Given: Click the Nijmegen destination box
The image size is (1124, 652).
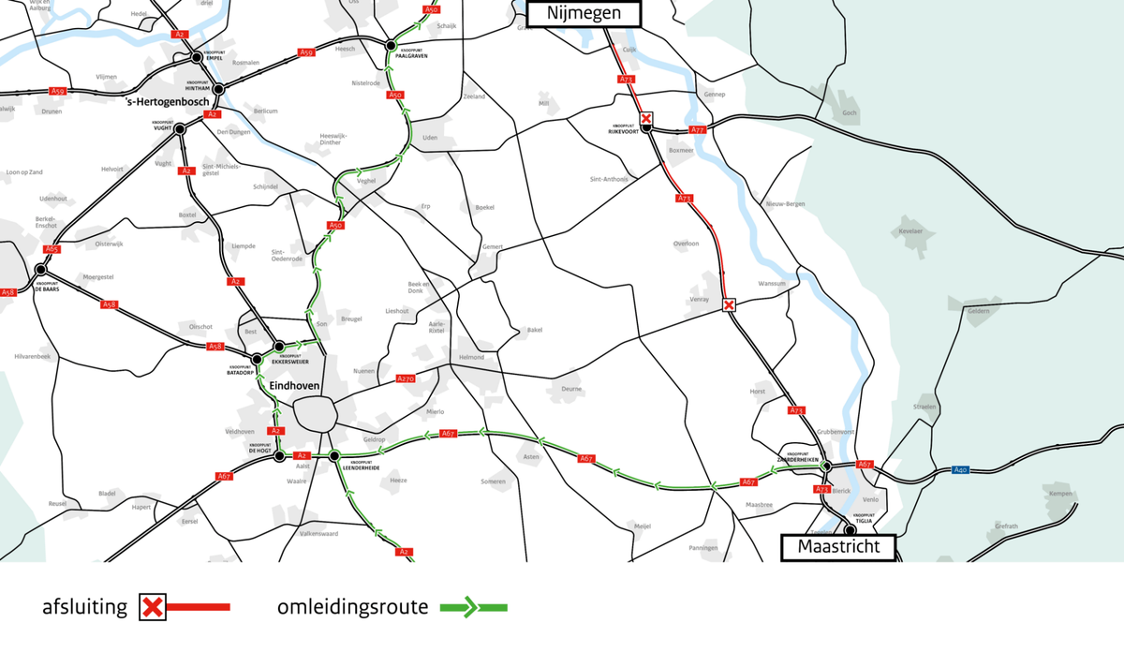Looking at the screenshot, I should (x=584, y=13).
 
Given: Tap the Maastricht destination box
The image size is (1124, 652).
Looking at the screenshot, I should (x=838, y=546).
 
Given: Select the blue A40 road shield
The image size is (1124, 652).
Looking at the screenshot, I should (x=959, y=469).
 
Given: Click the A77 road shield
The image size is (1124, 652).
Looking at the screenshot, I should (x=696, y=129).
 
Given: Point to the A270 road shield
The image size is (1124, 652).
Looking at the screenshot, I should (x=406, y=378).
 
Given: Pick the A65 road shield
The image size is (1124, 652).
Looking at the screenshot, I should (x=52, y=249).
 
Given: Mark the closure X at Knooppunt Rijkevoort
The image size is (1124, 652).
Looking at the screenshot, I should (x=646, y=118).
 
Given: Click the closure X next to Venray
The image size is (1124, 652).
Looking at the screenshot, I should (x=729, y=304).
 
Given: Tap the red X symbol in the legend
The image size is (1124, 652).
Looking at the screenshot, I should (x=153, y=607).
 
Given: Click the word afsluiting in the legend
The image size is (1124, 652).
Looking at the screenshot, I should (x=84, y=607).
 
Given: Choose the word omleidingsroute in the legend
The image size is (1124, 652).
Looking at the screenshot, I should (x=352, y=607).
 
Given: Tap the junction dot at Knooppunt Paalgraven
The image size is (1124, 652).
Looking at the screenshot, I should (x=390, y=44).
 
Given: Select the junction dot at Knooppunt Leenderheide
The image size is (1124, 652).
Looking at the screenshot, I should (x=334, y=456).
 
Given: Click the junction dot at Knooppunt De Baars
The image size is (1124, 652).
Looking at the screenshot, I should (x=40, y=270).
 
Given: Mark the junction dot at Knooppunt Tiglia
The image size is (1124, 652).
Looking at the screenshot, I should (x=850, y=529).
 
